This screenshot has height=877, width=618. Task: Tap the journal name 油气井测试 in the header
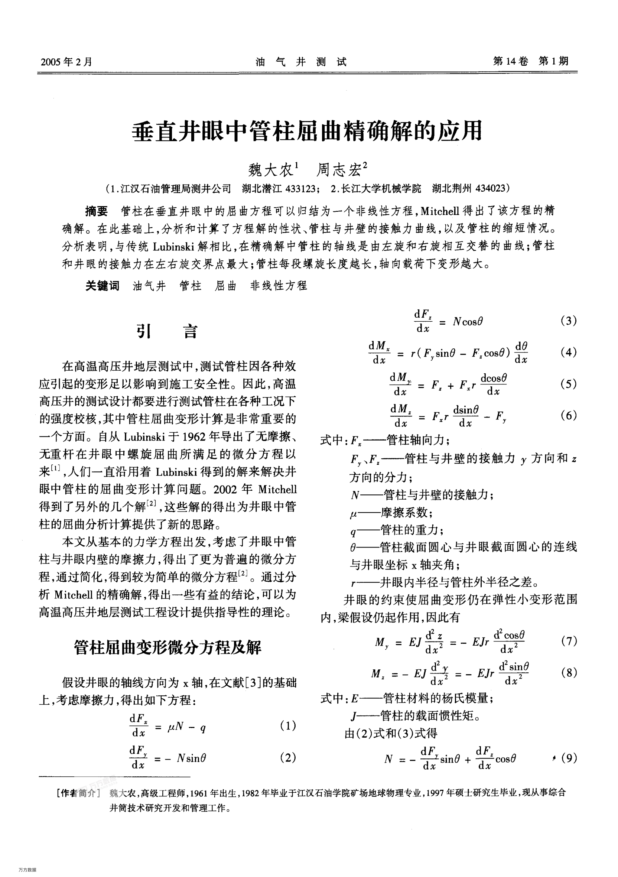pyautogui.click(x=301, y=62)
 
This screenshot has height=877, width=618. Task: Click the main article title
pyautogui.click(x=308, y=132)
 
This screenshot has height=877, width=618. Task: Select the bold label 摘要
pyautogui.click(x=97, y=211)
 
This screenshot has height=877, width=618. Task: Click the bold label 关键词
pyautogui.click(x=102, y=286)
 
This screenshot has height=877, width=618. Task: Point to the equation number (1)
pyautogui.click(x=288, y=726)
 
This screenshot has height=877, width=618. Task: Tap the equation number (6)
pyautogui.click(x=569, y=415)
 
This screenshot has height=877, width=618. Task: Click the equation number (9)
pyautogui.click(x=569, y=758)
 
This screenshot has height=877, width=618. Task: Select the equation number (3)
pyautogui.click(x=569, y=321)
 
